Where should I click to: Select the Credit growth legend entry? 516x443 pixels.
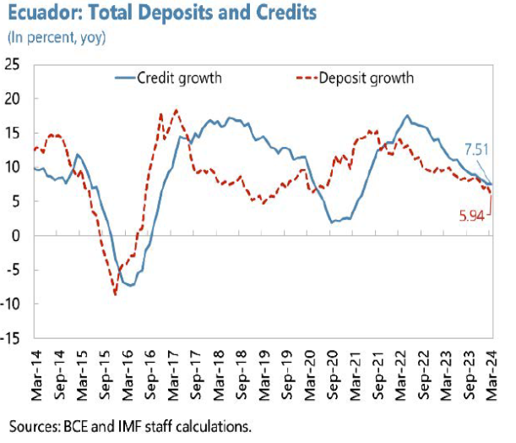coord(168,79)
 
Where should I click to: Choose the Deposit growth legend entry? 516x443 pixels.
coord(355,79)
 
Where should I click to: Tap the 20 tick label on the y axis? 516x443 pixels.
coord(15,98)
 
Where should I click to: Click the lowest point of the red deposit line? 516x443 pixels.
coord(115,294)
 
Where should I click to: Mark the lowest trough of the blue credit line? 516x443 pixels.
coord(130,286)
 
